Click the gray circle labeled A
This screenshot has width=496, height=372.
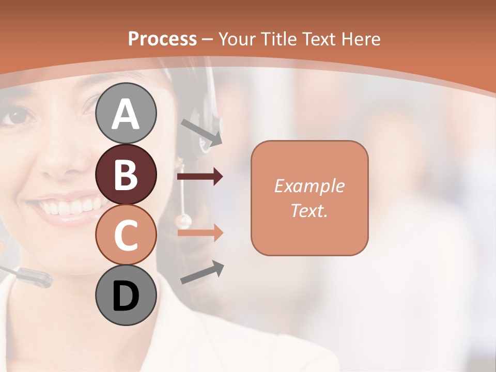126,113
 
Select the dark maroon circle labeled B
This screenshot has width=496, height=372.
126,174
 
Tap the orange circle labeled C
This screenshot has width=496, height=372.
126,235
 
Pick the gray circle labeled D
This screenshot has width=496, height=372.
126,296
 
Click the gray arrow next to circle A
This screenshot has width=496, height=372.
202,131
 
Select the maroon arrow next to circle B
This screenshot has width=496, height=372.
200,177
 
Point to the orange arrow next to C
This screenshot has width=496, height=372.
200,233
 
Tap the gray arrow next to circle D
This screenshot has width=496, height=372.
202,272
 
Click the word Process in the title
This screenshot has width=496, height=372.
162,39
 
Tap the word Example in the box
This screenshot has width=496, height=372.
309,186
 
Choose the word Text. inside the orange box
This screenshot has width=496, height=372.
309,210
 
